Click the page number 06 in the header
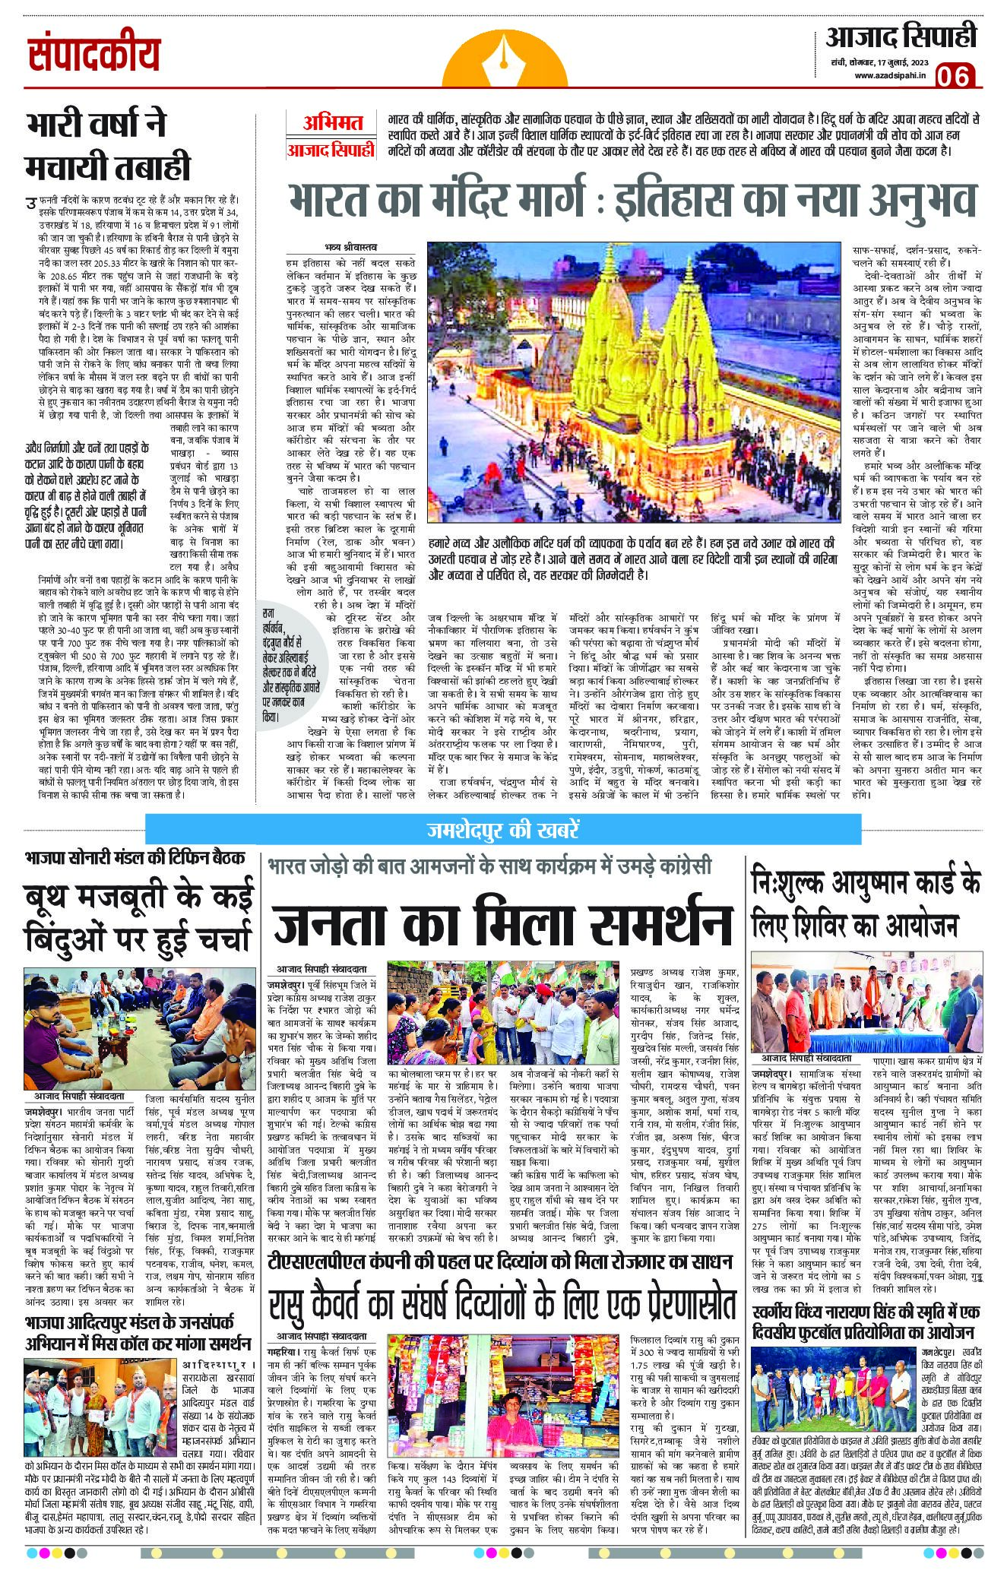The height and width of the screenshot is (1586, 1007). (x=954, y=75)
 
